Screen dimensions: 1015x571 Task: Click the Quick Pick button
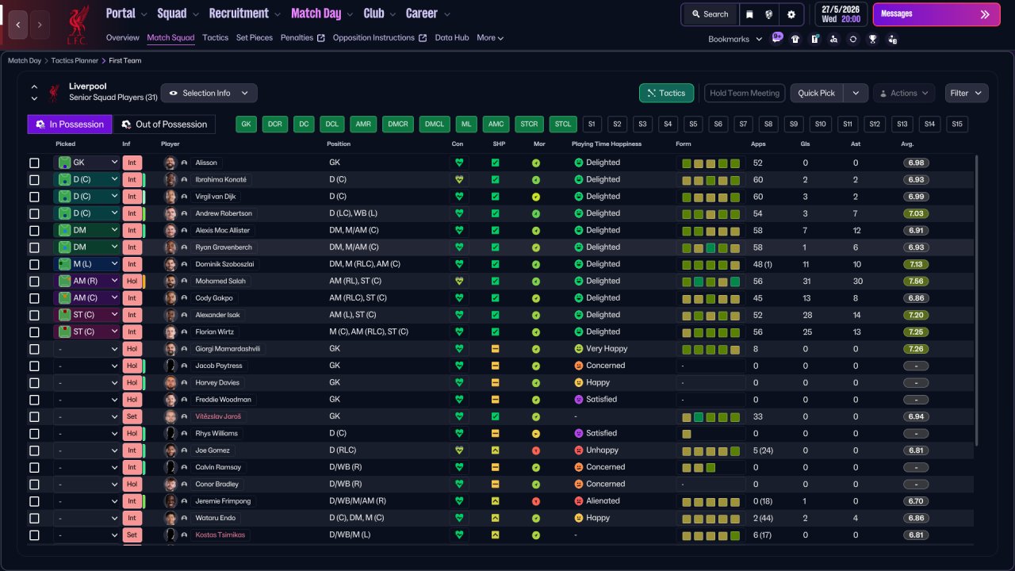click(816, 93)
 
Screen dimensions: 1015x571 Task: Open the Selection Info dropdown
click(209, 93)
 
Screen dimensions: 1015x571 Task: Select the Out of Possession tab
click(164, 125)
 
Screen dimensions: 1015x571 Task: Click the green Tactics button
click(666, 93)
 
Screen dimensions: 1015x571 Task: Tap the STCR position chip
click(529, 125)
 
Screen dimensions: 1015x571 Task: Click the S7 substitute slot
click(743, 125)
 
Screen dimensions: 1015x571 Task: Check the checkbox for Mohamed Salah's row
click(34, 282)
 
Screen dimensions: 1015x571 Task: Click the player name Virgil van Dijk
click(215, 197)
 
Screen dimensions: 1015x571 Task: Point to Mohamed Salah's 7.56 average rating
click(916, 282)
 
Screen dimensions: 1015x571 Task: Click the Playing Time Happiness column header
click(607, 144)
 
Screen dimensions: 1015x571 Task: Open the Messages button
click(936, 14)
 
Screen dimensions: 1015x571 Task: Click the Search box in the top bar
click(710, 14)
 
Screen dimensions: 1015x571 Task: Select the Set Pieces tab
click(255, 37)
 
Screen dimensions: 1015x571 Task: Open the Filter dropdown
click(966, 93)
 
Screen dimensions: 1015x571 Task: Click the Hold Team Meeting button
click(745, 93)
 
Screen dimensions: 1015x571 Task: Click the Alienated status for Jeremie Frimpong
click(603, 500)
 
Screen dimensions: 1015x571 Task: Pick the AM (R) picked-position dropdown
click(87, 281)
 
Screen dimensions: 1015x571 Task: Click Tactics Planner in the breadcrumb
click(75, 61)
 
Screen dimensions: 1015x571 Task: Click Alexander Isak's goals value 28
click(807, 315)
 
